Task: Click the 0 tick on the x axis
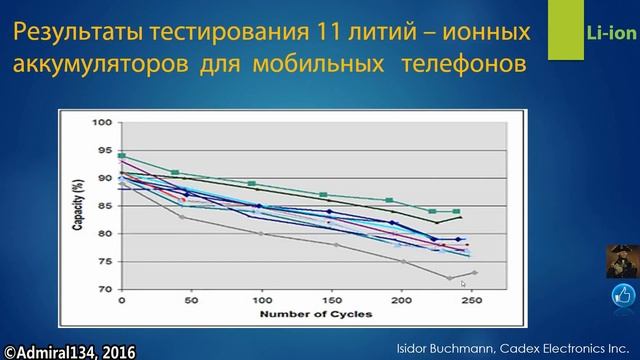[122, 301]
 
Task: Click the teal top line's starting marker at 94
[122, 156]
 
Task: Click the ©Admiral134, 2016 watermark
[69, 351]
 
